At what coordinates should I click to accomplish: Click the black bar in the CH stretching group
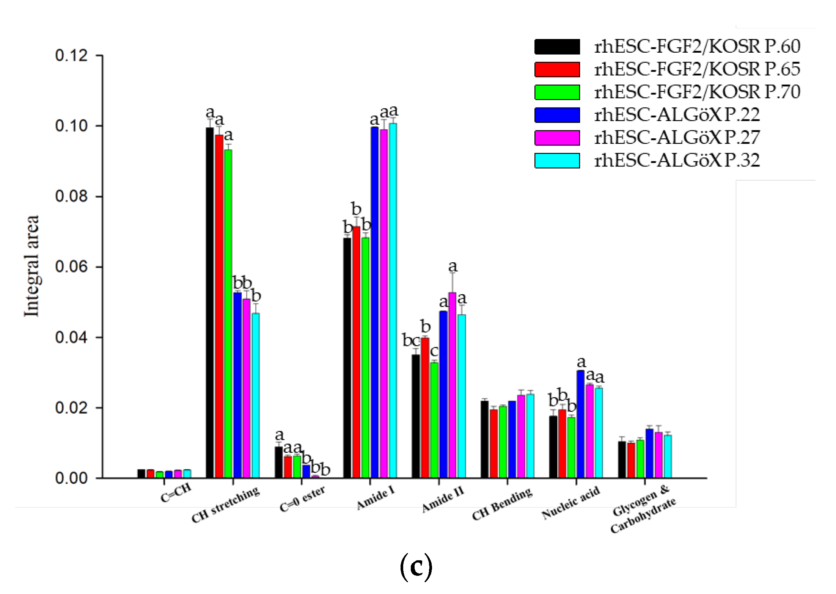(210, 303)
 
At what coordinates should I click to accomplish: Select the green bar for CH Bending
(503, 442)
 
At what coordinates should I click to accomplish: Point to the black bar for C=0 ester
(278, 462)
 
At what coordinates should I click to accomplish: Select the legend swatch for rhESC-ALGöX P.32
(557, 160)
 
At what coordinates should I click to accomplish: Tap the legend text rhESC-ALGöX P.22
(677, 115)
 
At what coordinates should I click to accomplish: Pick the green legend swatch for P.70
(557, 92)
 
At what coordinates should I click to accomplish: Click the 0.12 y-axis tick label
(71, 56)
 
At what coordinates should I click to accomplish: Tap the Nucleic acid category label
(570, 502)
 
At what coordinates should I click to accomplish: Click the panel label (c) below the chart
(416, 567)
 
